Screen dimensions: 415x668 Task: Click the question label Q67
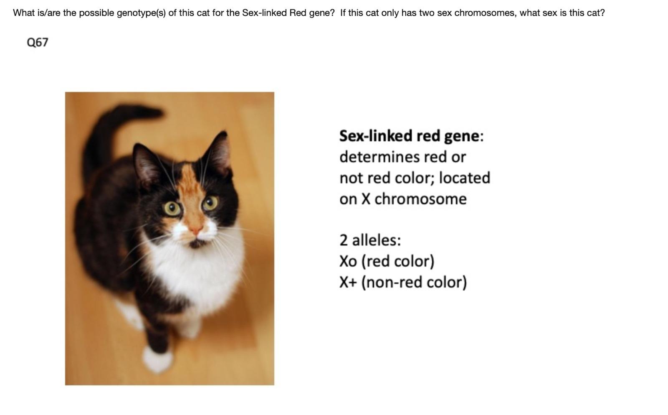(37, 42)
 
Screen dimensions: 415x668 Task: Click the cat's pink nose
(195, 229)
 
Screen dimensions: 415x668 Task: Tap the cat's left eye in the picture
(172, 208)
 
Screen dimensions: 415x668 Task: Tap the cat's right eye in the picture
(210, 203)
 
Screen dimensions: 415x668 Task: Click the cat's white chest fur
(192, 267)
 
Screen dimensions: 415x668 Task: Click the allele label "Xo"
(348, 261)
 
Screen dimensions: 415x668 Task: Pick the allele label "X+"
(348, 282)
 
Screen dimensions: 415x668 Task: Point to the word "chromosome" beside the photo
(420, 199)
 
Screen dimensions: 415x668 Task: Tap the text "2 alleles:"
(370, 240)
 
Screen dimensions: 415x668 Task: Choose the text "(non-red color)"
(414, 282)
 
